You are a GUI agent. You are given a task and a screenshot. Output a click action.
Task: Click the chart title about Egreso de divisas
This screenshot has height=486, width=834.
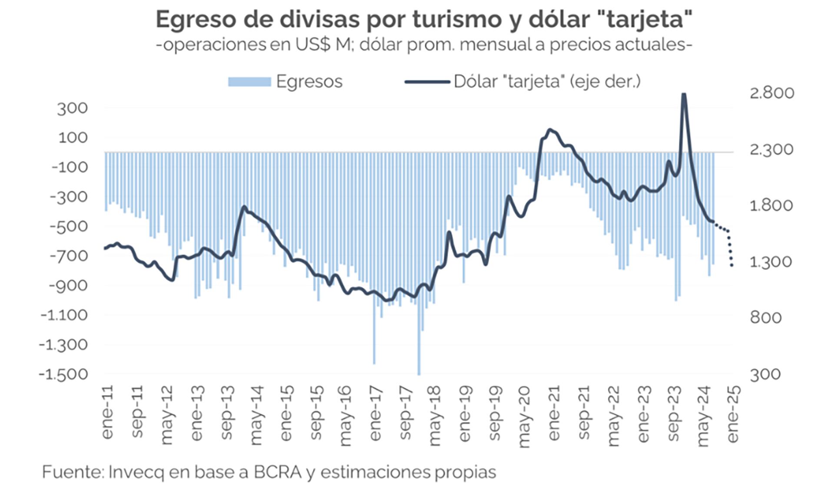(424, 20)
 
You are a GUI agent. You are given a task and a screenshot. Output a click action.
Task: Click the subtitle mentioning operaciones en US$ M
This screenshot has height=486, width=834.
(424, 44)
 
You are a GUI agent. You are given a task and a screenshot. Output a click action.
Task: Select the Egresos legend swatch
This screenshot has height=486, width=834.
(249, 82)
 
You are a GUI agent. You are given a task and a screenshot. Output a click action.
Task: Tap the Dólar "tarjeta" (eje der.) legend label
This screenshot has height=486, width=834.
(547, 82)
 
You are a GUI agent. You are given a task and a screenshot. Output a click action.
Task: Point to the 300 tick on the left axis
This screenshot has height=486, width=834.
(72, 109)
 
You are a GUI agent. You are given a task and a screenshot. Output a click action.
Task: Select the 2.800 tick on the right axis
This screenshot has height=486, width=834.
(771, 93)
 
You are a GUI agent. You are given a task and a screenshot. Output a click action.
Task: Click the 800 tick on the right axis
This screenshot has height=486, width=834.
(765, 318)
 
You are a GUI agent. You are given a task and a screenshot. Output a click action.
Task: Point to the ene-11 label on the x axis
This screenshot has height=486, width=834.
(107, 412)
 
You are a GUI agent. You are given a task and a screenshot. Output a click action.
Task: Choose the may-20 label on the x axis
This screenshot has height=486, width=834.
(524, 416)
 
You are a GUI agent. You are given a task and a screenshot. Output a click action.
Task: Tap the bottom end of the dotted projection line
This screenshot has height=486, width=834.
(732, 265)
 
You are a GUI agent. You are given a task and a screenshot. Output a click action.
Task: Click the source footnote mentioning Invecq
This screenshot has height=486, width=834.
(269, 472)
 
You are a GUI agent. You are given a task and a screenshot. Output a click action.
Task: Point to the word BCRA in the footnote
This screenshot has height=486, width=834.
(278, 472)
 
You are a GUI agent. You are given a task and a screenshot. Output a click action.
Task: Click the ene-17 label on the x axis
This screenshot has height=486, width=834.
(375, 413)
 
